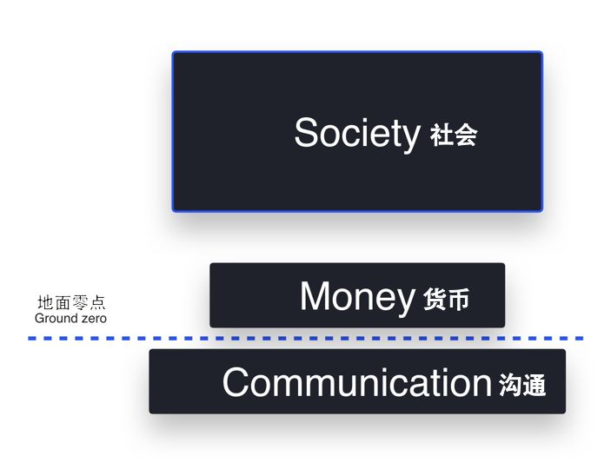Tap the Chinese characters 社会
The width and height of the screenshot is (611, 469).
point(454,135)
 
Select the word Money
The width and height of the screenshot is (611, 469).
point(357,298)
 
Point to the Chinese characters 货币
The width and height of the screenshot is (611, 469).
point(446,299)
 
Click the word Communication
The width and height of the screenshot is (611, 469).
point(357,382)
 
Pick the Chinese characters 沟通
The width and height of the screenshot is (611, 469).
point(522,385)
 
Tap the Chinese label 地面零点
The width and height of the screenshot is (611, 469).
point(71,302)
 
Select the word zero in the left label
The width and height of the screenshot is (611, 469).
point(94,319)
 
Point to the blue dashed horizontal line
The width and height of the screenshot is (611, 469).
point(306,339)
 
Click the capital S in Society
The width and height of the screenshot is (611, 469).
point(307,132)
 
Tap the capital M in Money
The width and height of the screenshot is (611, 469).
point(315,295)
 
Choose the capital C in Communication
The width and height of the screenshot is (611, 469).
point(236,382)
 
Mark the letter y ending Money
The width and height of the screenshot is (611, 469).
point(404,301)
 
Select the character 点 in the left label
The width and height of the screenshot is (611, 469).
point(97,302)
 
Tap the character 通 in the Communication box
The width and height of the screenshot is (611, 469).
point(535,385)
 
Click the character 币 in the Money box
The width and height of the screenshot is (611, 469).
point(458,300)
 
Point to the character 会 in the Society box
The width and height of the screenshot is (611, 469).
point(466,135)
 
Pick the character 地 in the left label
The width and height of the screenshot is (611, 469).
point(45,302)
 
